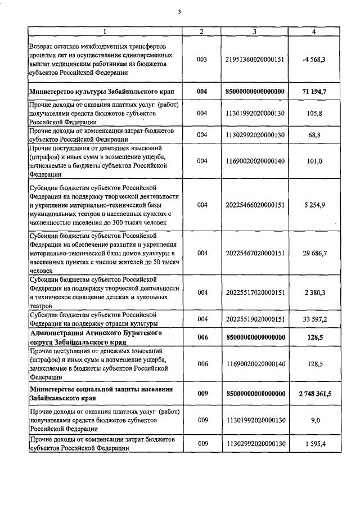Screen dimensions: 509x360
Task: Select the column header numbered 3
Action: tap(255, 31)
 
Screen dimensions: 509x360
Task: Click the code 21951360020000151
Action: tap(255, 59)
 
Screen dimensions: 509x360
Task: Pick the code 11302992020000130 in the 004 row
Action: tap(255, 135)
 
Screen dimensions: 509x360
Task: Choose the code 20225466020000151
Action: tap(255, 205)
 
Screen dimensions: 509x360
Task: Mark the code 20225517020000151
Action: tap(255, 292)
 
